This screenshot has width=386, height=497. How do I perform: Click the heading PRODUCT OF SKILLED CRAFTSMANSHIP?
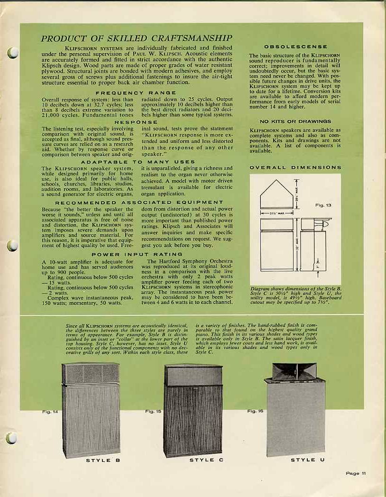(137, 38)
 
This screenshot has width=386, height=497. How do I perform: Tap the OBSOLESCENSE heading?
(295, 46)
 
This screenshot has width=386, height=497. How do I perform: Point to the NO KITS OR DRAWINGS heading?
(295, 121)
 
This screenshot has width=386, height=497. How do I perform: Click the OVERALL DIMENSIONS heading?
(295, 167)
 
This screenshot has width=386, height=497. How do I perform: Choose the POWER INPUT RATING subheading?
(137, 255)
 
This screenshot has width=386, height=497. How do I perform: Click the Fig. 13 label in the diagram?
(323, 205)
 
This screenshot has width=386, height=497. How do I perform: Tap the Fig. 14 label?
(50, 412)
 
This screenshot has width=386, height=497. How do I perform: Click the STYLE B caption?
(99, 460)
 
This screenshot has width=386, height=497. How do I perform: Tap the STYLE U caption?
(307, 460)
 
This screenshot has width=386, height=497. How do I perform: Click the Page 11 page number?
(356, 473)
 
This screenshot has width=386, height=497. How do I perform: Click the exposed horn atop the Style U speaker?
(294, 371)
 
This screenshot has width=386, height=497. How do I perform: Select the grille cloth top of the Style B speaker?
(90, 374)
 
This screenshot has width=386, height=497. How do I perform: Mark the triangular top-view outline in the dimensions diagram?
(276, 195)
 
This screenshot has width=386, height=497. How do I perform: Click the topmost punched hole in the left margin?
(13, 53)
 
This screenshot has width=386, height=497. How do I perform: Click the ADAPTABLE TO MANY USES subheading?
(137, 162)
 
